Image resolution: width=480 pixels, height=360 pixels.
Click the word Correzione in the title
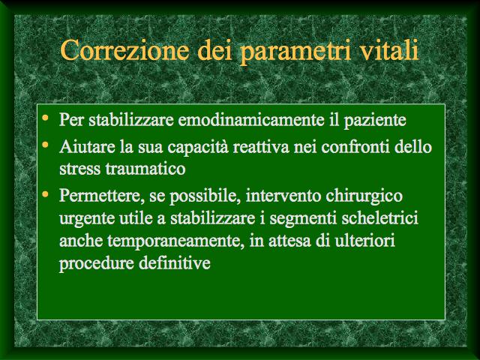click(x=125, y=49)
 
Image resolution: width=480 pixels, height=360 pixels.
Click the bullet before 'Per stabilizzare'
click(x=45, y=117)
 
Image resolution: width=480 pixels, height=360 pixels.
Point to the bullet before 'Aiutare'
click(x=45, y=145)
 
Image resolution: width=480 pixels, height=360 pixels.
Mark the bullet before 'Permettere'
click(x=45, y=193)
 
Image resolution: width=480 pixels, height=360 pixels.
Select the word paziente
click(x=375, y=121)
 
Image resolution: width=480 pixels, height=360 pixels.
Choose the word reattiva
click(x=261, y=147)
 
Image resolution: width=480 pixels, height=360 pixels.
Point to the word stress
click(x=80, y=169)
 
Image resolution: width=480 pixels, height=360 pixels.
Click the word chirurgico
click(x=364, y=196)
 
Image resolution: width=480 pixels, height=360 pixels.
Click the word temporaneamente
click(x=176, y=241)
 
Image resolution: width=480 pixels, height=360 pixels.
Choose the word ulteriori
click(x=364, y=240)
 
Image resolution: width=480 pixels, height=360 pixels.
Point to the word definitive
click(x=175, y=262)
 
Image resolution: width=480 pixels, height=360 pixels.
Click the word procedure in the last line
click(x=97, y=264)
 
